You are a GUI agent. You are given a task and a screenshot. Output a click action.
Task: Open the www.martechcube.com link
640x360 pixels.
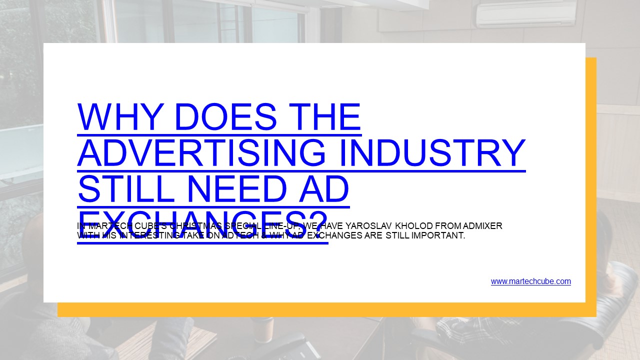point(530,281)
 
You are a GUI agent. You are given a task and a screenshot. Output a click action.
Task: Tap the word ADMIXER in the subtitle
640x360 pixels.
point(481,226)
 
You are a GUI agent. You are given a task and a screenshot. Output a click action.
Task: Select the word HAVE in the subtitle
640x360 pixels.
point(330,226)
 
